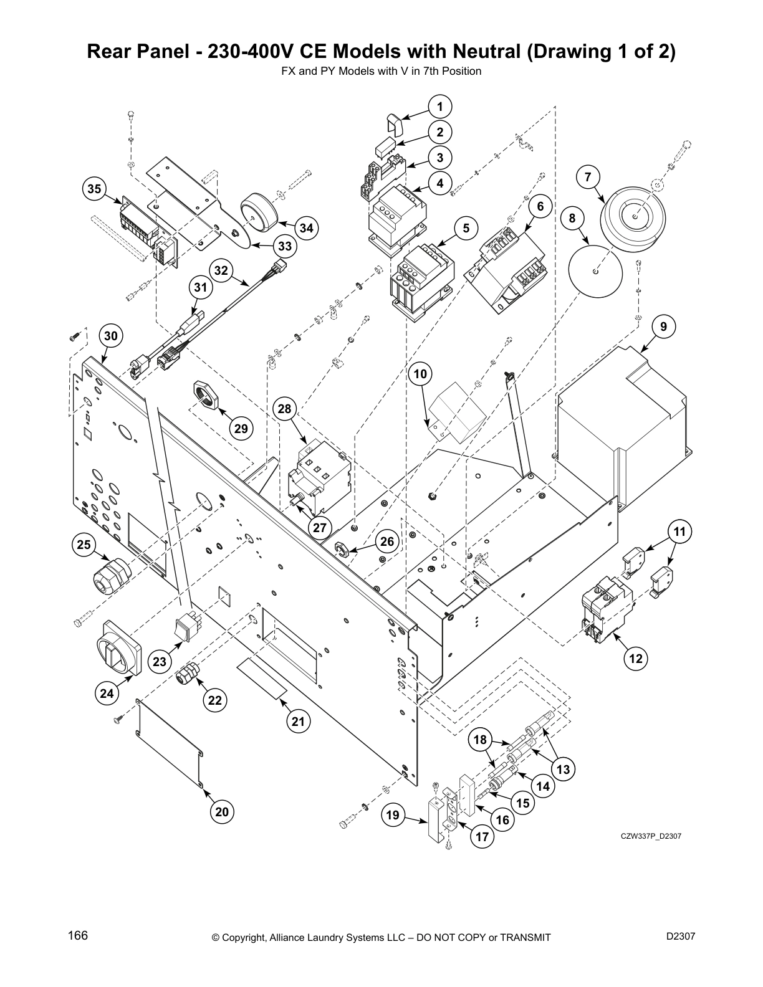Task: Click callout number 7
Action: coord(587,177)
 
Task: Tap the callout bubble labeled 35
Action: coord(94,189)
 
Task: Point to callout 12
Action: coord(635,658)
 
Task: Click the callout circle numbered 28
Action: coord(284,409)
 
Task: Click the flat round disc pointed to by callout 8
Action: coord(596,272)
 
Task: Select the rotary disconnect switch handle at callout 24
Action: coord(119,648)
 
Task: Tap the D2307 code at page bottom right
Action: coord(680,936)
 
